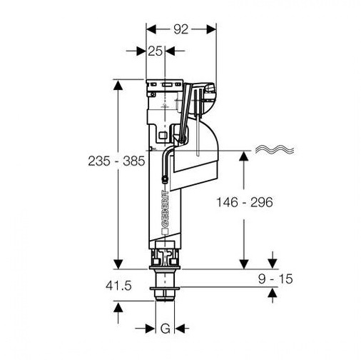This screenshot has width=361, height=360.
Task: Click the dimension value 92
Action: point(180,29)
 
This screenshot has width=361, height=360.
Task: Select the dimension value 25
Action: point(155,51)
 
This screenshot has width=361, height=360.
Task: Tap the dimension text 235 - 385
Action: point(116,161)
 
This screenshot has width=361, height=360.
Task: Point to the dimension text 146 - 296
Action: point(245,202)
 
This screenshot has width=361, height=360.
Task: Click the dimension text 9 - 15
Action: point(275,279)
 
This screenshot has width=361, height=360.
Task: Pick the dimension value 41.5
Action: point(118,286)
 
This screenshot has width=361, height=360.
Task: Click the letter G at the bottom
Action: point(166,329)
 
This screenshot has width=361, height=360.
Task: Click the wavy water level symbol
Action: point(275,149)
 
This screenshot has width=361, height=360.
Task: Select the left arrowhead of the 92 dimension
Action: point(151,29)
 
